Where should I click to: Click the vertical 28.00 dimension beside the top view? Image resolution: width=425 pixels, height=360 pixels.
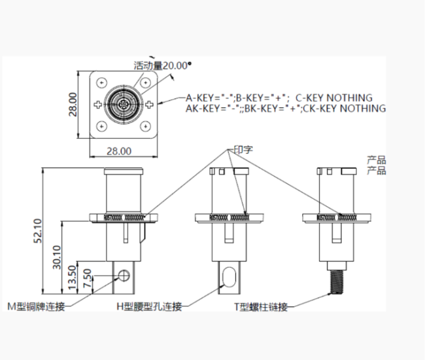click(73, 104)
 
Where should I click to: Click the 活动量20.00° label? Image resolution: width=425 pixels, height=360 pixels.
click(163, 65)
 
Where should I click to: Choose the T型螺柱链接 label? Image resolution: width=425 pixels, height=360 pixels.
click(261, 306)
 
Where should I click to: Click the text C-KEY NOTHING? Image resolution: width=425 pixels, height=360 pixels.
click(333, 98)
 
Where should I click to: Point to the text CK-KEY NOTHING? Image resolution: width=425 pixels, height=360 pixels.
click(345, 108)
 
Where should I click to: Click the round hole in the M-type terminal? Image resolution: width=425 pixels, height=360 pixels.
click(122, 274)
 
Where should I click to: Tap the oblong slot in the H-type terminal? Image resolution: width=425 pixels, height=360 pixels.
click(228, 278)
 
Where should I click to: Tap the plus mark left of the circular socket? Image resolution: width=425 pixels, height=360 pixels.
click(98, 104)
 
